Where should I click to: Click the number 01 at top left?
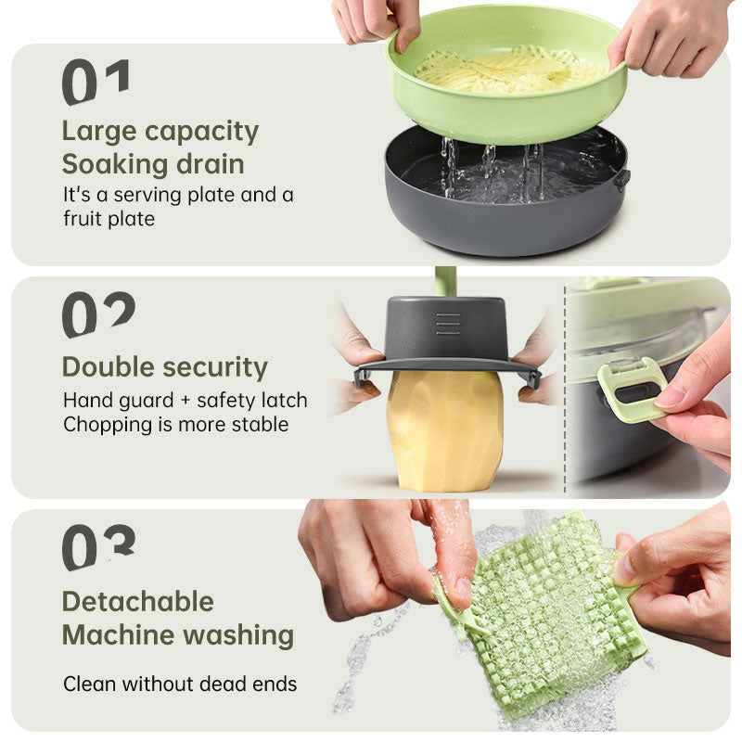96,82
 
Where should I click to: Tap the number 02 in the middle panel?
98,314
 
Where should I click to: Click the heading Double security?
164,366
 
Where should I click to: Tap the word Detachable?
137,601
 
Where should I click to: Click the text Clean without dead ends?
180,684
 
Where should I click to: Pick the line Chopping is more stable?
175,425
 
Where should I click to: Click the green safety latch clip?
631,390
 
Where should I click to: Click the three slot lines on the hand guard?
447,323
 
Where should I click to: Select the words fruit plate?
109,220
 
